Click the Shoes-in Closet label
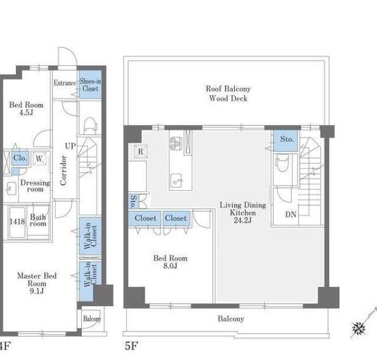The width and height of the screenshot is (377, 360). tap(90, 85)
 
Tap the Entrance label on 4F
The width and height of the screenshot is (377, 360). tap(65, 83)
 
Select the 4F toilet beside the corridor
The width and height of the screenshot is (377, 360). tap(90, 125)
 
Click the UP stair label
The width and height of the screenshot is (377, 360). tap(70, 146)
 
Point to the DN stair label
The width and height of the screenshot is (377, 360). tap(290, 214)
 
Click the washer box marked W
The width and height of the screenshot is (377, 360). tap(39, 158)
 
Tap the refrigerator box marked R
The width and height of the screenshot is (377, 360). tap(141, 151)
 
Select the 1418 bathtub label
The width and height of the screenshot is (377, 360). tap(17, 221)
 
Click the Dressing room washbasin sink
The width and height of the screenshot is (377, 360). tap(11, 188)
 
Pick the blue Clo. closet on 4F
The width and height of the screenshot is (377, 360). tap(20, 158)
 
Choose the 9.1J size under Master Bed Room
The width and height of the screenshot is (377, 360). tap(37, 291)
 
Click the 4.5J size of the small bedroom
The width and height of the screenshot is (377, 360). tap(26, 112)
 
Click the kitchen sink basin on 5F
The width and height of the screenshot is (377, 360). tap(177, 181)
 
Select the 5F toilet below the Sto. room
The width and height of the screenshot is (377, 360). tap(283, 163)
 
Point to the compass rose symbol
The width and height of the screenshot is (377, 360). tap(359, 328)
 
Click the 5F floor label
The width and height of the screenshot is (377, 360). tap(131, 346)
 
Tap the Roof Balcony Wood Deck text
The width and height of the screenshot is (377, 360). tap(228, 94)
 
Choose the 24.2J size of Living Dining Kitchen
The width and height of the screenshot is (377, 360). tap(243, 220)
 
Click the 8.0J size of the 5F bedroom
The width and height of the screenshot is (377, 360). tap(170, 266)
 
